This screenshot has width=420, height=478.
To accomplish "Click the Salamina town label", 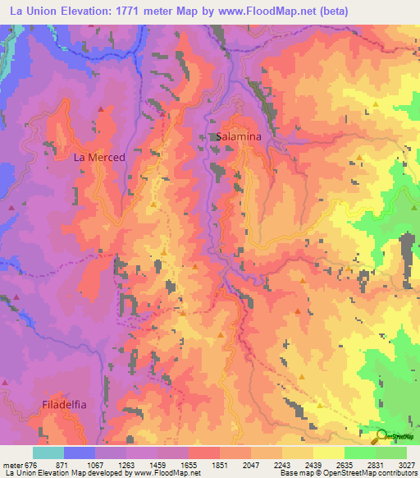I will coord(239,138).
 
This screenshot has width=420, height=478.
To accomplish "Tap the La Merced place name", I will coord(99,157).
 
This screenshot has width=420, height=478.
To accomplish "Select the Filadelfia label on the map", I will coord(63,405).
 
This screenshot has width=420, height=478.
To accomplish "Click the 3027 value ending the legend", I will coord(404,464).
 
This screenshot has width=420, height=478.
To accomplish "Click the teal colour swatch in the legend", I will coord(48,453).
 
